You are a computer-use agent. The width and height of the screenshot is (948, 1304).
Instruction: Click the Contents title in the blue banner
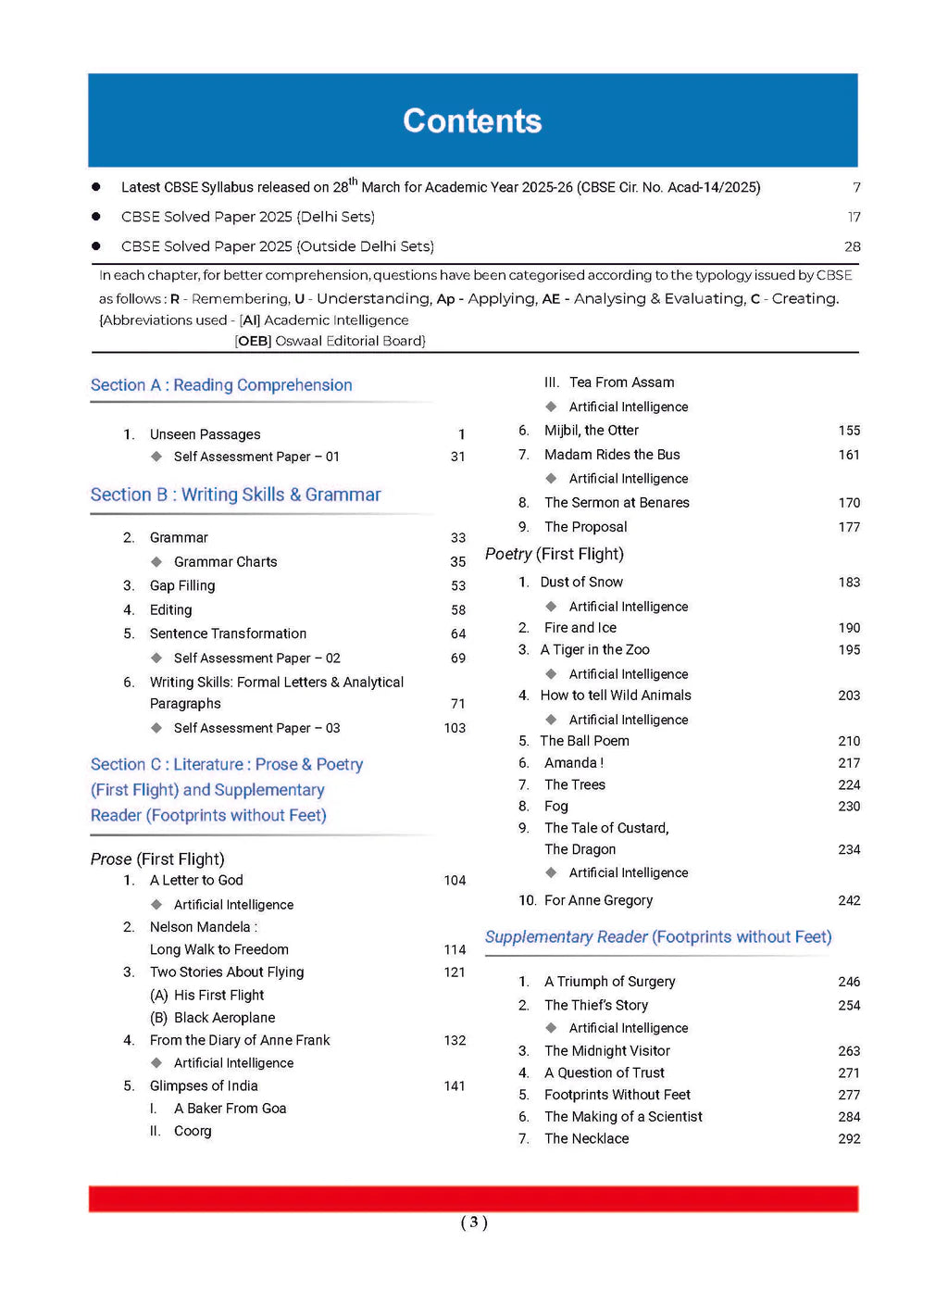[472, 121]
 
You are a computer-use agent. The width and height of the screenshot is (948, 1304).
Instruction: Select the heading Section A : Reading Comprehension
[221, 385]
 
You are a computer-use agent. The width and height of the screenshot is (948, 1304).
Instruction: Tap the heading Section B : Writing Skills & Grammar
[235, 495]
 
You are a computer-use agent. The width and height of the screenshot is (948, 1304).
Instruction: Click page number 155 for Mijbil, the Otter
[849, 431]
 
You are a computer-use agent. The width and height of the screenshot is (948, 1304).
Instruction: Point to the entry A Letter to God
[196, 881]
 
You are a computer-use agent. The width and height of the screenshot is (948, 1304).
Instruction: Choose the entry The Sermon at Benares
[617, 503]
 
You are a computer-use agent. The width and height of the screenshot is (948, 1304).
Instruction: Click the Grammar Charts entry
[225, 562]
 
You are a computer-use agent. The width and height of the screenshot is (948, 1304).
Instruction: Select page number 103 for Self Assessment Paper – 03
[455, 729]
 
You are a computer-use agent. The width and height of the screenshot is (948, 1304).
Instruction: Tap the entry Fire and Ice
[580, 628]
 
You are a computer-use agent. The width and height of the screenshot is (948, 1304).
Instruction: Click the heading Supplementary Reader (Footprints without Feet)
[658, 937]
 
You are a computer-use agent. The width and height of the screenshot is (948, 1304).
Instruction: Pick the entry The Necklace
[586, 1139]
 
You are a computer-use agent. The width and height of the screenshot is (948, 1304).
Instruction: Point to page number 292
[849, 1139]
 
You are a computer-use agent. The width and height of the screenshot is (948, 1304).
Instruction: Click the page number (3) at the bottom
[474, 1222]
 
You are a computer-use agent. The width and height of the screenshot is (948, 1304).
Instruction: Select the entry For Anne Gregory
[598, 901]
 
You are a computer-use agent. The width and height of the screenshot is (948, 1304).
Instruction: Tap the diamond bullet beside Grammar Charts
[156, 562]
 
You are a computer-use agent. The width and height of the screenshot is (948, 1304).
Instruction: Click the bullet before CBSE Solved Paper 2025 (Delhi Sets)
[96, 217]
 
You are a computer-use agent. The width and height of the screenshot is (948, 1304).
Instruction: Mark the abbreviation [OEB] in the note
[253, 341]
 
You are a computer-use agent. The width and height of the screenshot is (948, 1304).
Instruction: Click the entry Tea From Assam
[621, 382]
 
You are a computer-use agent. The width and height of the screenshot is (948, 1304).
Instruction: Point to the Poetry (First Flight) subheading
[555, 554]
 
